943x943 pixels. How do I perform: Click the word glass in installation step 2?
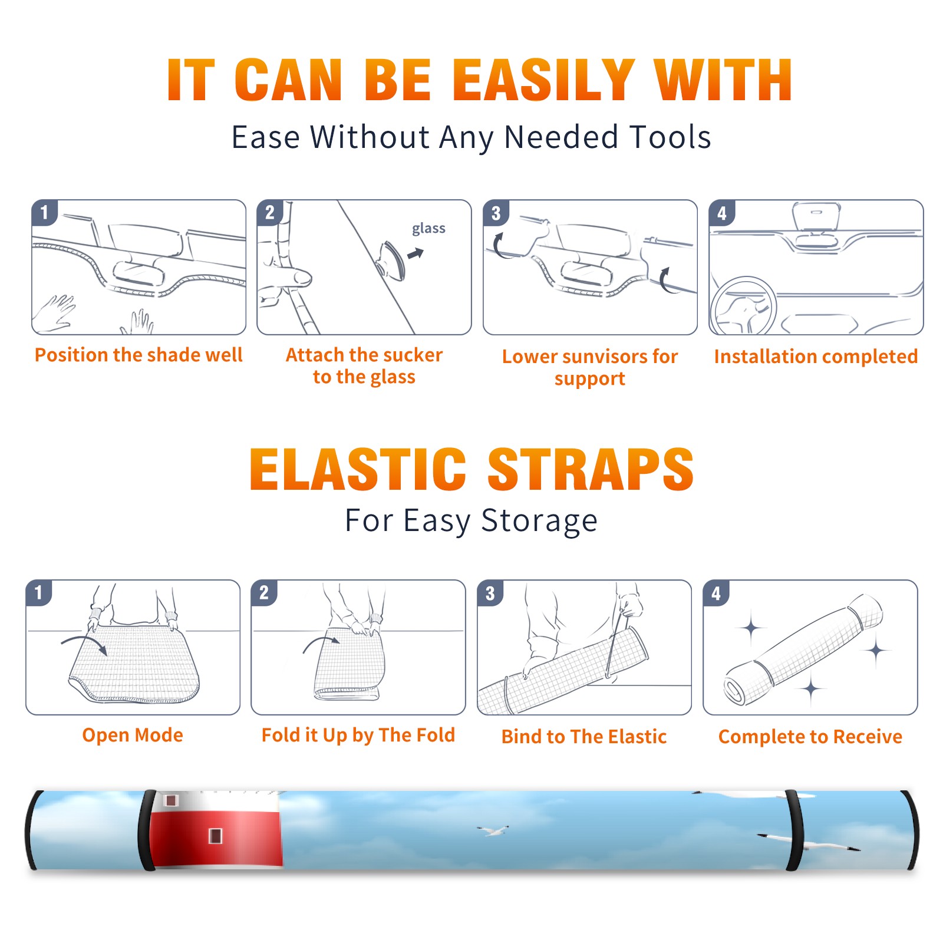point(428,229)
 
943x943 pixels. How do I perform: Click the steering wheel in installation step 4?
point(743,306)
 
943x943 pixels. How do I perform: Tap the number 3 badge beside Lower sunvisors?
point(496,213)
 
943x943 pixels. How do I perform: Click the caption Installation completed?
point(816,356)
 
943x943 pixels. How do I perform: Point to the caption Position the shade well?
point(139,355)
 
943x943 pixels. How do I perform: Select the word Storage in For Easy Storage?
point(539,521)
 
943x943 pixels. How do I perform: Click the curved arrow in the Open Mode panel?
point(84,643)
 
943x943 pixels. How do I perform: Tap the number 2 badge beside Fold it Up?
point(263,593)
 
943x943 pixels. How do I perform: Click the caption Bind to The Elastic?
point(583,736)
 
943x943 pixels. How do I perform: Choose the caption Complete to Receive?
point(810,736)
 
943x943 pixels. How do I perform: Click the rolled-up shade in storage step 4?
point(803,649)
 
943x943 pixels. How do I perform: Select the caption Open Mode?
point(133,735)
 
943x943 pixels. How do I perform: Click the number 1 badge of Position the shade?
point(44,213)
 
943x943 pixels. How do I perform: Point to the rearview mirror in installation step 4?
point(816,216)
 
